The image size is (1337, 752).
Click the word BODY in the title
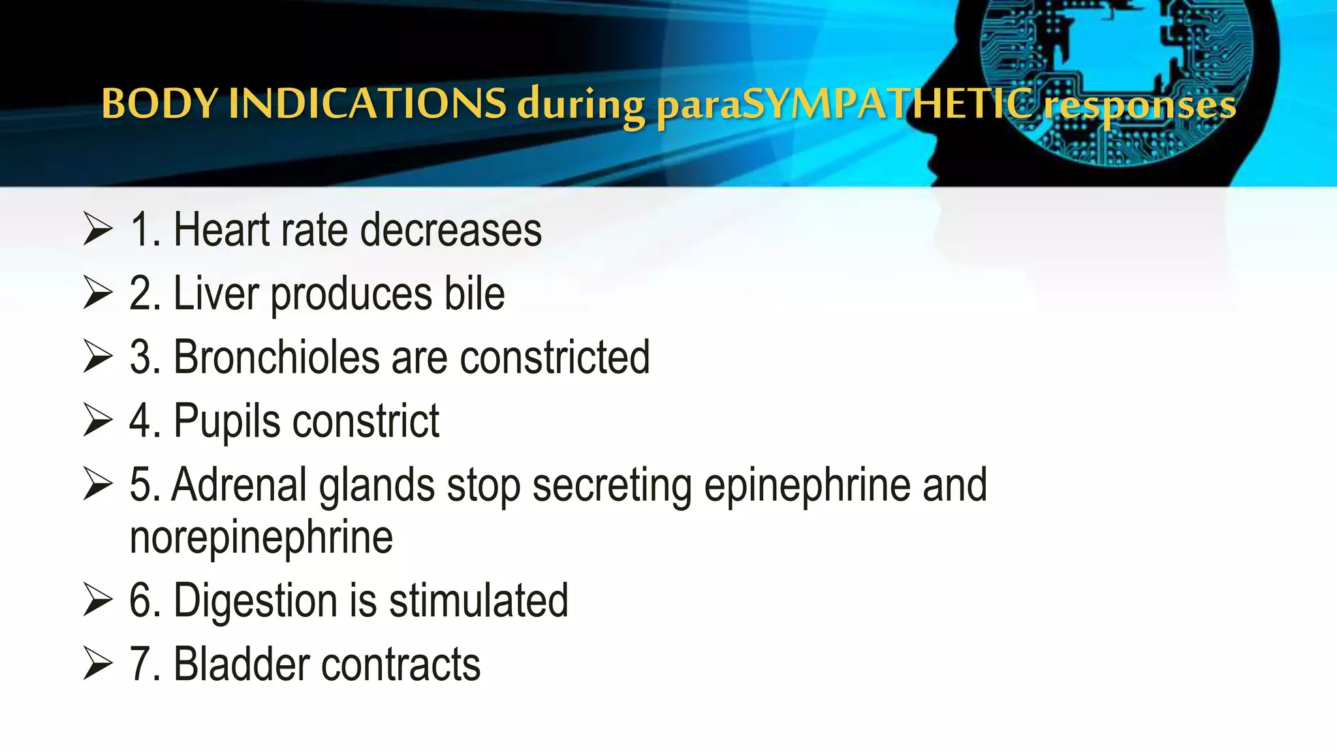159,104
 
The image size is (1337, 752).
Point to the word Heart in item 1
221,230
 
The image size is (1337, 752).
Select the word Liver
216,294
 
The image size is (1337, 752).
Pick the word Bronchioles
276,357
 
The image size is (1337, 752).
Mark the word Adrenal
239,485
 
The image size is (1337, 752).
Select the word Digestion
255,601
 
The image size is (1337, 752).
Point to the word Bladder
241,665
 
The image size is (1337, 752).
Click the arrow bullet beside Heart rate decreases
98,230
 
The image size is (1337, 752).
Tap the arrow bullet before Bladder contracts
98,665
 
